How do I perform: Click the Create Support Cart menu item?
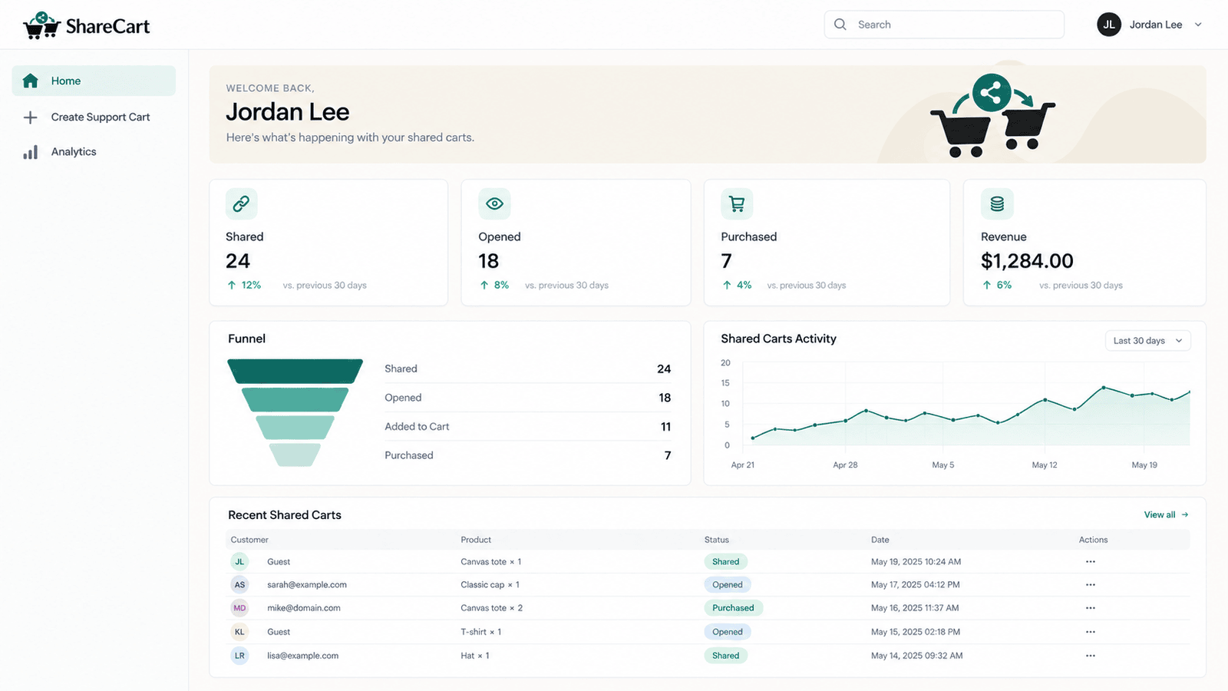tap(93, 117)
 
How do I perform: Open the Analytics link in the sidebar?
tap(74, 152)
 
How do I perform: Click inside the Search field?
tap(944, 25)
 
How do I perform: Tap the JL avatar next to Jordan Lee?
tap(1108, 25)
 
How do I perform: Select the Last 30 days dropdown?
tap(1147, 341)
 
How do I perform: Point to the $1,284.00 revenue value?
tap(1027, 260)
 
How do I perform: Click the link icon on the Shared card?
tap(241, 204)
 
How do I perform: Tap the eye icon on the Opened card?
tap(494, 204)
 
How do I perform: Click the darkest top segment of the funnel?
tap(295, 372)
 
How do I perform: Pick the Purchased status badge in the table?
tap(733, 607)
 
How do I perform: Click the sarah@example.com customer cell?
tap(307, 584)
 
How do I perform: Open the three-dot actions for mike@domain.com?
tap(1091, 607)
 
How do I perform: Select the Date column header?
tap(880, 540)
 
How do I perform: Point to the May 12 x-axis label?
tap(1045, 465)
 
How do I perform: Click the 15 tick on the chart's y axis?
tap(725, 383)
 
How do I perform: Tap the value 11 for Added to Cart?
tap(665, 427)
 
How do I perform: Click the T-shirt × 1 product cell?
tap(480, 632)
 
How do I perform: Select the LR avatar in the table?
tap(239, 656)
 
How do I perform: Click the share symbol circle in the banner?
tap(991, 93)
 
